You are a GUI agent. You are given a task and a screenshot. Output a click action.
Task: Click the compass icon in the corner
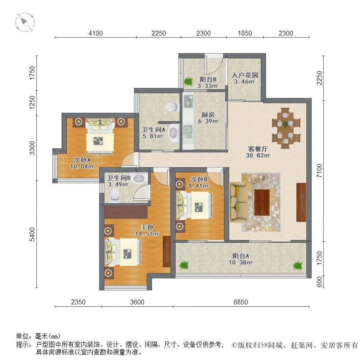point(25,22)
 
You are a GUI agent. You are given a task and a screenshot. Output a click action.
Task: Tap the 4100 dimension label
point(96,33)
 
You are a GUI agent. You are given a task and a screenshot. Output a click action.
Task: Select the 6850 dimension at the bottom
point(241,302)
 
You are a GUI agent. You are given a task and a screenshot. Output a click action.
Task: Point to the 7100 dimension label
point(319,170)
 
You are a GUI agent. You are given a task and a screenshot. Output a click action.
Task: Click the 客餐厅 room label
point(258,149)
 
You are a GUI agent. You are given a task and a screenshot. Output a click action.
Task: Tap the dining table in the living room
point(286,128)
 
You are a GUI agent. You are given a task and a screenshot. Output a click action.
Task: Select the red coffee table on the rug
point(262,202)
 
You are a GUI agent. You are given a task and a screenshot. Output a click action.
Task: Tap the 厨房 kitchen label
point(208,114)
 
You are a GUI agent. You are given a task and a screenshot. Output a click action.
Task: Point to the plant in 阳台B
point(188,81)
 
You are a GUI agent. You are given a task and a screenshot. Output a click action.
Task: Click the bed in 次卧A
point(100,136)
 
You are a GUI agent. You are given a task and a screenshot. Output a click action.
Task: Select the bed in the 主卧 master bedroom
point(123,252)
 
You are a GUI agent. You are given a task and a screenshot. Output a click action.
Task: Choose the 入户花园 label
point(245,75)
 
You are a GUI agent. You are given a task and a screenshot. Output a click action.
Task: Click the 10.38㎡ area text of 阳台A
point(241,262)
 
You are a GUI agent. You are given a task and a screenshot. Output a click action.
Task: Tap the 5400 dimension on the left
point(32,234)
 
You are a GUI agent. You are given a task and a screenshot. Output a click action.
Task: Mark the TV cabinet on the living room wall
point(301,202)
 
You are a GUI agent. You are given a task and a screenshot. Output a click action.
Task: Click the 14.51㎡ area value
point(147,234)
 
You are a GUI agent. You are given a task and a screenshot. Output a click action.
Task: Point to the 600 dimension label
point(319,282)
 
